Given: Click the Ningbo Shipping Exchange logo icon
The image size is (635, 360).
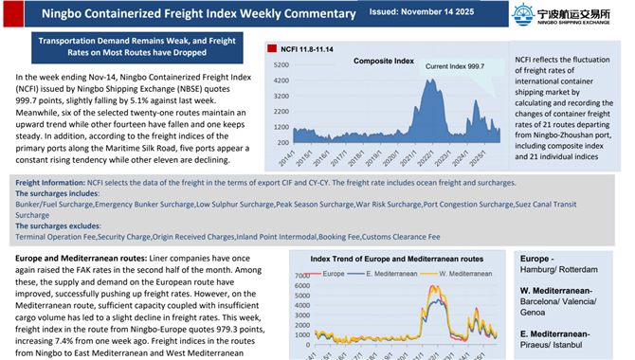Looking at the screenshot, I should click(x=523, y=13).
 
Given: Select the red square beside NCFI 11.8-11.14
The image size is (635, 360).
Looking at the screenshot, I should click(x=271, y=48).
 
